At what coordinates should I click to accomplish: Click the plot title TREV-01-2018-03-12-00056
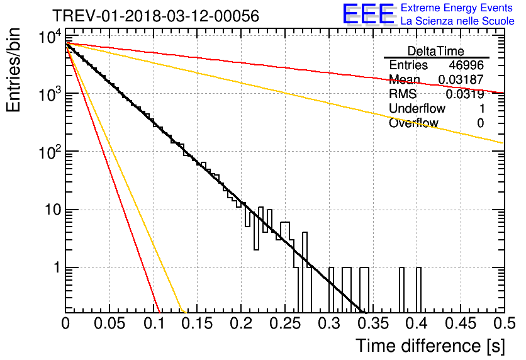(156, 16)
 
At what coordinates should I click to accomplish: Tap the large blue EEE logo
(369, 14)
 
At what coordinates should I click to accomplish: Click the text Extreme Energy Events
(457, 8)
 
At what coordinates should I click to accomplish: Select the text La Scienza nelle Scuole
(457, 21)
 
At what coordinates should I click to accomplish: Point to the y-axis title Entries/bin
(13, 70)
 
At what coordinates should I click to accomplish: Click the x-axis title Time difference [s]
(430, 346)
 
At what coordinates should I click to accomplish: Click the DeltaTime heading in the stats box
(436, 51)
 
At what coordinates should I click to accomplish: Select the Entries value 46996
(466, 65)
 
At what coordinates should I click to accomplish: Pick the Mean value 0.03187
(461, 79)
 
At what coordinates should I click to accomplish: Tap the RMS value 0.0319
(464, 94)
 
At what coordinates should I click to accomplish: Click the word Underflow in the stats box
(417, 108)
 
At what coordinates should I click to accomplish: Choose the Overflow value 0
(480, 123)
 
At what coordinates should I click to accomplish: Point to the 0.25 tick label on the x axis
(285, 323)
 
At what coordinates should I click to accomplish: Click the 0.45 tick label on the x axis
(461, 323)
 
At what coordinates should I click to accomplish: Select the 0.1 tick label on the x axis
(154, 323)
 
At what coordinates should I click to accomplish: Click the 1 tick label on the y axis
(57, 268)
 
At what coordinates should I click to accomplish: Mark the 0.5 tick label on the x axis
(505, 323)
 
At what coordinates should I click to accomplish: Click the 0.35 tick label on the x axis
(372, 323)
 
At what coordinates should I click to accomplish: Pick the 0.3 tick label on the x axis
(329, 323)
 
